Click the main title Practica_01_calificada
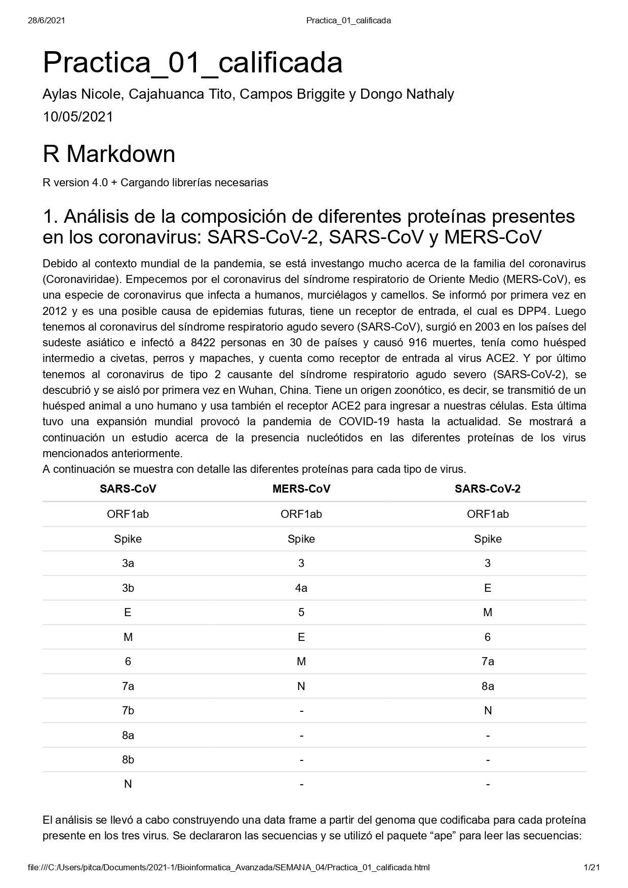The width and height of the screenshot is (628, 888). (x=192, y=63)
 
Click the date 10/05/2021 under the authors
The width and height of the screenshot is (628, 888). (x=77, y=117)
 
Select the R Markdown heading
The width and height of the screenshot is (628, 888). (x=109, y=154)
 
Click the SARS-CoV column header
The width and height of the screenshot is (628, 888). (x=128, y=489)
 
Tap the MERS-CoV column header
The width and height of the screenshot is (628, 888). (x=301, y=489)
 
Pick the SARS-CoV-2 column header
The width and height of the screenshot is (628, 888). (x=487, y=489)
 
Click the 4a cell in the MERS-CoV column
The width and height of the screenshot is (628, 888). (x=301, y=588)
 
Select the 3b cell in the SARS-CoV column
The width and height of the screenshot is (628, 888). (x=128, y=588)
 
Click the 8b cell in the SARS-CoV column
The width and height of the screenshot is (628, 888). (x=128, y=759)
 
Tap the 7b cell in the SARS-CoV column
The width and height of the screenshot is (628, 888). (x=128, y=710)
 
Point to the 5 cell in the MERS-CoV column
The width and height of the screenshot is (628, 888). (x=301, y=613)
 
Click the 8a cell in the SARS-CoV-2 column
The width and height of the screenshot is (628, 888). (x=487, y=686)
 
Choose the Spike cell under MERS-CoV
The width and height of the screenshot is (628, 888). (x=301, y=539)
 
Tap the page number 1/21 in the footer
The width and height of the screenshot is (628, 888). (x=592, y=867)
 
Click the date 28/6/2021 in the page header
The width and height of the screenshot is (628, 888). (x=46, y=20)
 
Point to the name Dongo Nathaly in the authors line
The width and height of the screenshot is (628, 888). (x=407, y=94)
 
